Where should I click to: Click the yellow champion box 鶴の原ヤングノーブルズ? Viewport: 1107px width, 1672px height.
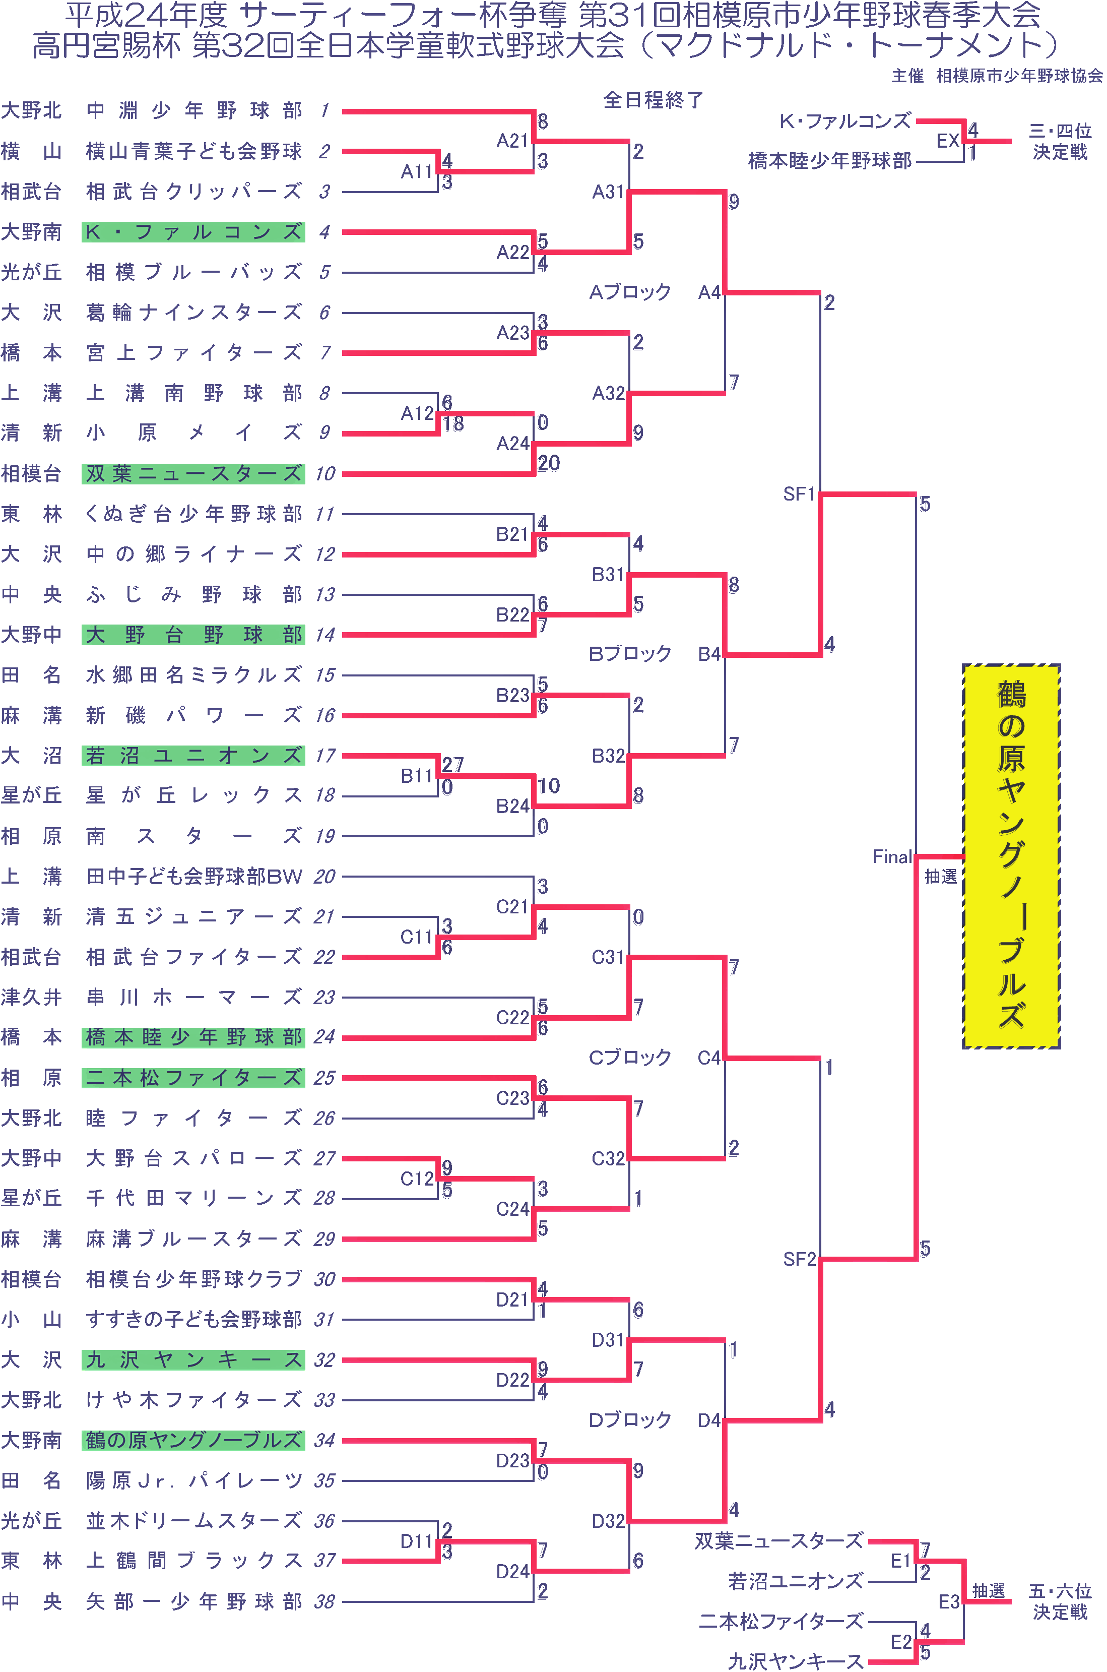1011,856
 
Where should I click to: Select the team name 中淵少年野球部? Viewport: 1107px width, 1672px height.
193,111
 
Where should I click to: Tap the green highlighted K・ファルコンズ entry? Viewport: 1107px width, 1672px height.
193,231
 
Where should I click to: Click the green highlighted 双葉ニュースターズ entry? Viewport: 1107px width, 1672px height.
193,473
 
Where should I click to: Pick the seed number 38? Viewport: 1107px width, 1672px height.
324,1601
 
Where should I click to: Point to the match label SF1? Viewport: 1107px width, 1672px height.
799,493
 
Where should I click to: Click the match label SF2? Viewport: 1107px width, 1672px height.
799,1259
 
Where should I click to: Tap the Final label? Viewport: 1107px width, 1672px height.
892,856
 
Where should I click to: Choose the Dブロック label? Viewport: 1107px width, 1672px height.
630,1419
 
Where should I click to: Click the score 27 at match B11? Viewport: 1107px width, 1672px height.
452,765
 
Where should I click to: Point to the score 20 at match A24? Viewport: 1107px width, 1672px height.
549,463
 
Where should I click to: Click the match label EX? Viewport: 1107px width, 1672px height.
947,141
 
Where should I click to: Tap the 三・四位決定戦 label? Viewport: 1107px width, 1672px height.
1060,141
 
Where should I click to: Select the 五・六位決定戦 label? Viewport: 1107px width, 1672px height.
1060,1601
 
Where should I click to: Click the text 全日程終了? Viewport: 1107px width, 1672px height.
653,100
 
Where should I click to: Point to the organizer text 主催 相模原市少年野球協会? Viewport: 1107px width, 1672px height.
996,76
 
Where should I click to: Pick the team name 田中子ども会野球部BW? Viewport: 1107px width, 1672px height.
193,876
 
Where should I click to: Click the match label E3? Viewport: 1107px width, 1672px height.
948,1601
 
